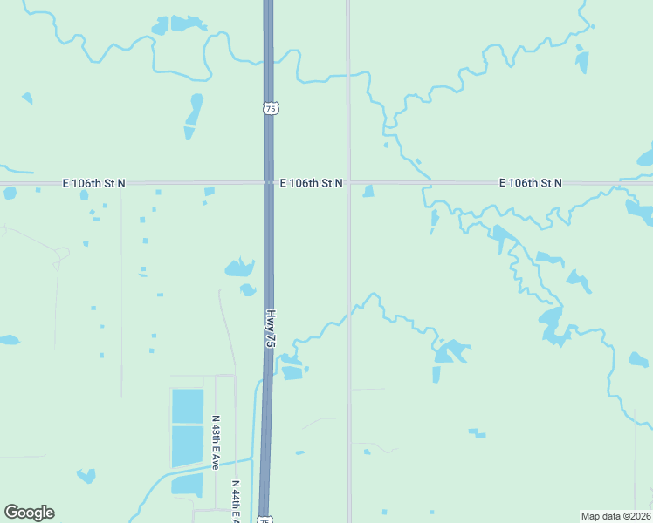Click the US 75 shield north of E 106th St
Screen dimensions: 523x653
270,108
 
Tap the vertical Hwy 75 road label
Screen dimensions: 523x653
271,329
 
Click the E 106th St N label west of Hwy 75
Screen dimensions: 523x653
94,183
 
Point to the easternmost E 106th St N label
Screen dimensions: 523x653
530,183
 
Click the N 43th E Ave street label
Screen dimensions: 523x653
216,443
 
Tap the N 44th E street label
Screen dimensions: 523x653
235,502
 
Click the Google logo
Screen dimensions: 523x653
29,513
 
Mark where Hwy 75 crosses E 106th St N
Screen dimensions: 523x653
269,183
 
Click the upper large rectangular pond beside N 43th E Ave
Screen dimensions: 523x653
188,406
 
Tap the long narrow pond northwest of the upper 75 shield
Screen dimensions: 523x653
193,114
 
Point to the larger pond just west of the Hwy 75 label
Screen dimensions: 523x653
239,268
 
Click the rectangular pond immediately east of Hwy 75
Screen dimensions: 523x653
292,372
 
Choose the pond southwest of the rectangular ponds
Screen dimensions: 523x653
86,475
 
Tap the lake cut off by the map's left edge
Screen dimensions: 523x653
8,340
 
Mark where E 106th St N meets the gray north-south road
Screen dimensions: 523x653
348,183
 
